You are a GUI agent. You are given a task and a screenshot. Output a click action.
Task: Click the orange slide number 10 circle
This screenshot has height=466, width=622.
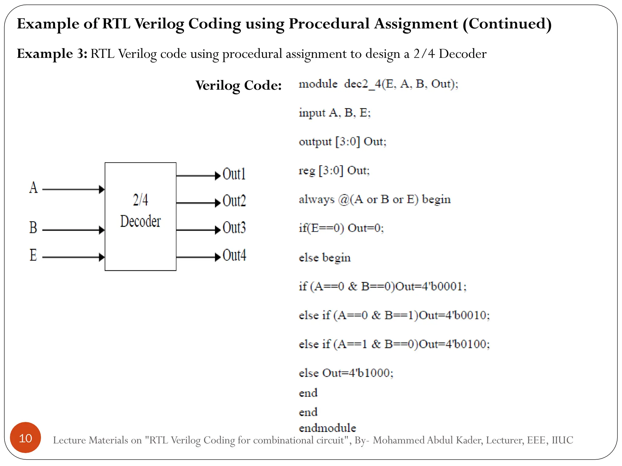point(26,437)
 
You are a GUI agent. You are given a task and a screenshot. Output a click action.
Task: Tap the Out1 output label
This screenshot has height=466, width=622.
point(234,174)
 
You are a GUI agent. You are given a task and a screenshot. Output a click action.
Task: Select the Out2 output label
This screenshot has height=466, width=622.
point(234,201)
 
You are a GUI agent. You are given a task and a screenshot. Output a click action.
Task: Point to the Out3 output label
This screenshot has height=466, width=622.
point(234,228)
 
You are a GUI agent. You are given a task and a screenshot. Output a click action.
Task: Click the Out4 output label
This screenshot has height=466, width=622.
point(234,255)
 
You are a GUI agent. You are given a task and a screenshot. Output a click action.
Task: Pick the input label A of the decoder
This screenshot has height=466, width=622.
point(33,187)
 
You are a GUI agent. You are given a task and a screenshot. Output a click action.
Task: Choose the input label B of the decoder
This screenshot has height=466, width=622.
point(33,228)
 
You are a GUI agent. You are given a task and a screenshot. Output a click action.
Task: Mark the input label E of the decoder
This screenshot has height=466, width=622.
point(33,255)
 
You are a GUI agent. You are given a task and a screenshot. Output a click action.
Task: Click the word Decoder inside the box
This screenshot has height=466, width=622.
point(140,221)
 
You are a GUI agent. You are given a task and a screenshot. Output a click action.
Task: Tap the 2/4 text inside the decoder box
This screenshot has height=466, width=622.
point(140,200)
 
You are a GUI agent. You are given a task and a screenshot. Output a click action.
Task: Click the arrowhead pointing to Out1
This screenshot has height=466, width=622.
point(217,176)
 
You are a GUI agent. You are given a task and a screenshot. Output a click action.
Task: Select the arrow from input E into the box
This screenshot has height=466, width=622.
point(73,257)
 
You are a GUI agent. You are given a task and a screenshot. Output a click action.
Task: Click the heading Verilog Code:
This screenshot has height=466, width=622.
point(238,85)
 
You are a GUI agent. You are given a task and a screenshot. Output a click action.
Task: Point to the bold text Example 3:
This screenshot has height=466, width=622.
point(52,54)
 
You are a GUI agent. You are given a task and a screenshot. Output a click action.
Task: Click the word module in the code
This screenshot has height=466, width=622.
point(318,84)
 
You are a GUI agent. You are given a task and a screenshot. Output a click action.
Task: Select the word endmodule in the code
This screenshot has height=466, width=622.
point(327,428)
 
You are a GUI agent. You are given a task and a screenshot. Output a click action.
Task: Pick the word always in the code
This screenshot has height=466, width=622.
point(316,199)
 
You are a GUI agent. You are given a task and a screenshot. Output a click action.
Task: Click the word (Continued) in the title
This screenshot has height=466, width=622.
point(507,24)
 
